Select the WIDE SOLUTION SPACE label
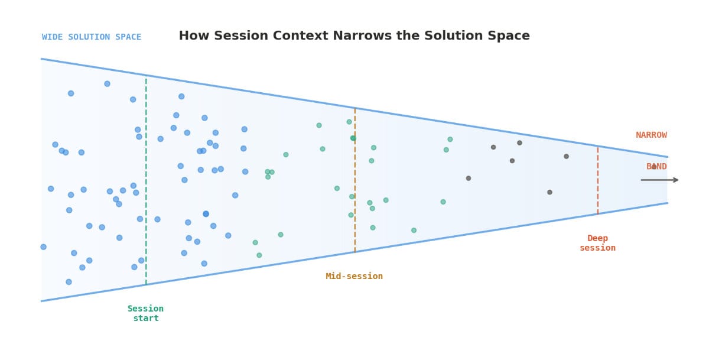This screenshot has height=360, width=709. click(92, 37)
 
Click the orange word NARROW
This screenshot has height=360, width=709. click(651, 135)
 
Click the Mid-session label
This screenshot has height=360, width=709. click(354, 276)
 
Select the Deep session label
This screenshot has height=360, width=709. click(597, 243)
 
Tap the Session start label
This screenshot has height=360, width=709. click(145, 313)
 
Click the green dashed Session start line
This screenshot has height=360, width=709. click(146, 177)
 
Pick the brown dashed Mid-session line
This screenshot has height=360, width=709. click(354, 177)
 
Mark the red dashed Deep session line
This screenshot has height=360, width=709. click(597, 177)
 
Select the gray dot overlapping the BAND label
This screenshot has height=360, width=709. click(653, 167)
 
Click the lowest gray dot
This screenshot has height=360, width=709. click(549, 192)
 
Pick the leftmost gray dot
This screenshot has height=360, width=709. click(469, 178)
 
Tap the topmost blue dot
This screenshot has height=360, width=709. click(107, 83)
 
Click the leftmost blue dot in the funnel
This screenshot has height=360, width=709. click(43, 247)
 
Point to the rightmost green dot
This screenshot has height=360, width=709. click(450, 140)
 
